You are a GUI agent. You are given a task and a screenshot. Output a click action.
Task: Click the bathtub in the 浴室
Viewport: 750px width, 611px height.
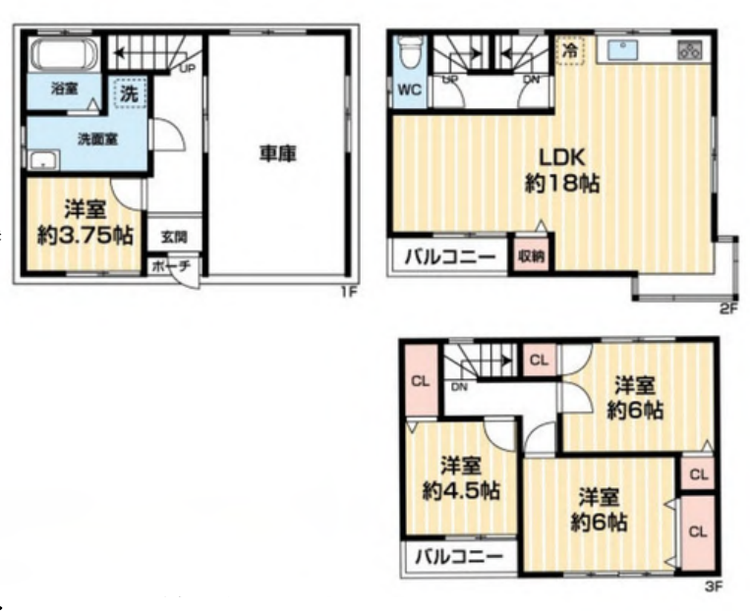[x=64, y=54]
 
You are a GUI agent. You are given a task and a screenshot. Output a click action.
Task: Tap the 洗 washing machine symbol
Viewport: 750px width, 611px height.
[x=129, y=93]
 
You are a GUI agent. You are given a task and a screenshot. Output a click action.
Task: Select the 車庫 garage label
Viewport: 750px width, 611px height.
[x=278, y=154]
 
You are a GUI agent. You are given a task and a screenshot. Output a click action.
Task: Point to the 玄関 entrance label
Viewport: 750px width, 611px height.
[x=174, y=237]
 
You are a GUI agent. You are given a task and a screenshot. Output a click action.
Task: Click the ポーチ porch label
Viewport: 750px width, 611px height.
[x=172, y=266]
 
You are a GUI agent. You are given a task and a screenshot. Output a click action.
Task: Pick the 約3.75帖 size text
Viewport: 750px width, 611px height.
[x=86, y=235]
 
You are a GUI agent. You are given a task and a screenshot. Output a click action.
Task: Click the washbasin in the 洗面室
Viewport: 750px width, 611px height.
[x=43, y=160]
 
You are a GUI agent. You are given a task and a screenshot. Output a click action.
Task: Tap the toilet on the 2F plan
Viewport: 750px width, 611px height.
[x=409, y=53]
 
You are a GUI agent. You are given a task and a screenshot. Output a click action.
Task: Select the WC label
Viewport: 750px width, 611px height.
[x=410, y=89]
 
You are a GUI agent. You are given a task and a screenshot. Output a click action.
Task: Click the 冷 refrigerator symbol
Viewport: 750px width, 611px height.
[x=570, y=51]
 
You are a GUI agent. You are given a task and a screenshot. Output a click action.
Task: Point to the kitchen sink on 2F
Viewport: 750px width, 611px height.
[x=623, y=50]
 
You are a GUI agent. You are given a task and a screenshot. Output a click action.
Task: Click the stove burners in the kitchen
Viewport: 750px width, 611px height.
[x=690, y=50]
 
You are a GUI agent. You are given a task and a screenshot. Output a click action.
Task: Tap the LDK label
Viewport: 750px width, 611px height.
[x=562, y=157]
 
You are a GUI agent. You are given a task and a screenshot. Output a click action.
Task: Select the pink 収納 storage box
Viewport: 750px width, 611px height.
[x=532, y=255]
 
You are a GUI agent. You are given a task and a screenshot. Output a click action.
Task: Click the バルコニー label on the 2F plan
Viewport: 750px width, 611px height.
[x=450, y=257]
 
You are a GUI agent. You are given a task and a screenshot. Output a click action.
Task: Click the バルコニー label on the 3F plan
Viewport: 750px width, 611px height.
[x=459, y=556]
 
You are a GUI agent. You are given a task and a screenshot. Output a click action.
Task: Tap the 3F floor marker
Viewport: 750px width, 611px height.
[x=714, y=586]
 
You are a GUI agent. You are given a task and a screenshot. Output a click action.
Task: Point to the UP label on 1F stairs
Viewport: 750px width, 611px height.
[x=187, y=69]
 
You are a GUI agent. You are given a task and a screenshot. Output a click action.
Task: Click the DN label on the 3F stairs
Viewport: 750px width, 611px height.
[x=459, y=387]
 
